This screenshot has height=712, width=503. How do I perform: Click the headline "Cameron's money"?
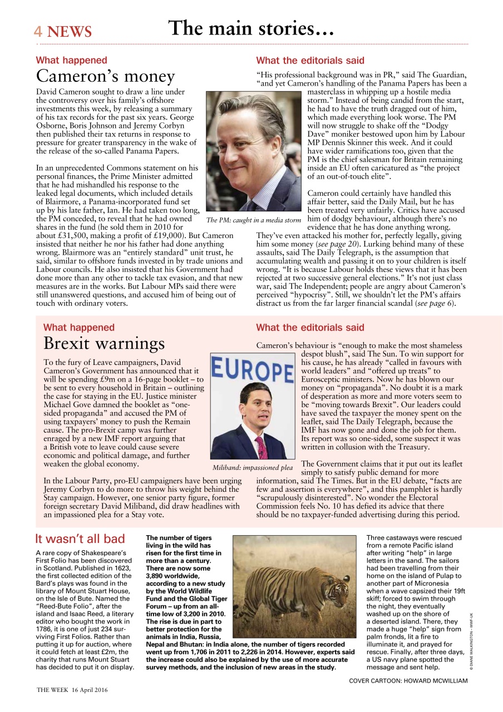click(x=105, y=76)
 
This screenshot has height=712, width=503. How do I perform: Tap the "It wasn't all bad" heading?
click(x=80, y=538)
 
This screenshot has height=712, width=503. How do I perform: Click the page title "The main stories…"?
click(x=251, y=28)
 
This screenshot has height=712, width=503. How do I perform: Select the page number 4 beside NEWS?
click(x=38, y=32)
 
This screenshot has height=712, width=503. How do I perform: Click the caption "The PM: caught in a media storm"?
click(x=254, y=220)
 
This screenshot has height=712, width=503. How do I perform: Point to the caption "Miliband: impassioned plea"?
click(x=252, y=467)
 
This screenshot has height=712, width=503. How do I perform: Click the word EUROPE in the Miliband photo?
click(x=253, y=370)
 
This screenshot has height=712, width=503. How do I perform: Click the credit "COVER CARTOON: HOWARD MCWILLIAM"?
click(x=408, y=680)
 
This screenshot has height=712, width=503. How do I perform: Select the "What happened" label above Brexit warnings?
click(x=78, y=328)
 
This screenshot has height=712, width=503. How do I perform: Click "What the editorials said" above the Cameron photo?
click(x=310, y=60)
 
